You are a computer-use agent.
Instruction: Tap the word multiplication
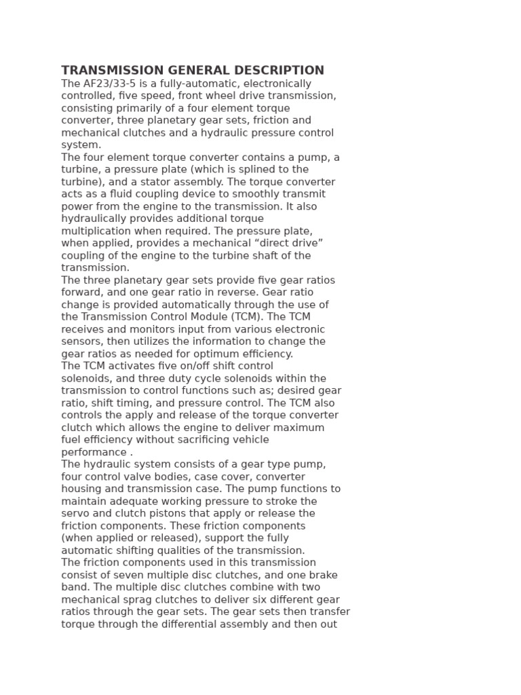94,231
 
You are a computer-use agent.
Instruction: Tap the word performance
94,452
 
